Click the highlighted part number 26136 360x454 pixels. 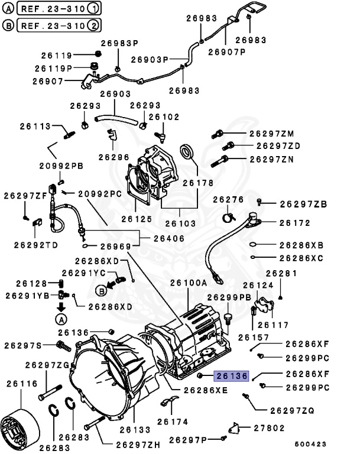(x=233, y=375)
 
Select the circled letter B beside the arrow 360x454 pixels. (x=100, y=290)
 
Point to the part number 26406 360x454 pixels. (x=168, y=238)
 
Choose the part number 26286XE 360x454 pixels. (x=205, y=390)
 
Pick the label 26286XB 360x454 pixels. (x=301, y=245)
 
